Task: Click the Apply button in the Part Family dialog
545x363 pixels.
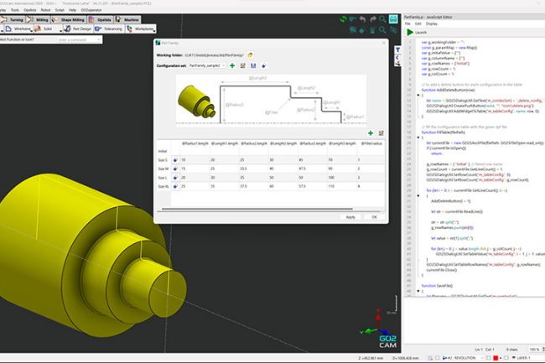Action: pos(350,216)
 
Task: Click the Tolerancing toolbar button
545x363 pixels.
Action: pos(110,27)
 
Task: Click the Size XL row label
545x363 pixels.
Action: pos(163,188)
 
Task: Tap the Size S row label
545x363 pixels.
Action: pos(163,159)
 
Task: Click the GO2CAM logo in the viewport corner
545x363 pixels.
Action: pos(388,336)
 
